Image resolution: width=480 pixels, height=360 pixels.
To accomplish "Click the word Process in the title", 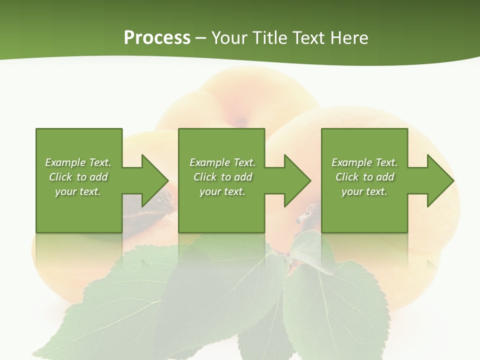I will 157,37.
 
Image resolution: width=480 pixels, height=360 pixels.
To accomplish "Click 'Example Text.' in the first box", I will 78,162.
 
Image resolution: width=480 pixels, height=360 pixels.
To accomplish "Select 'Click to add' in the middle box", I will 222,176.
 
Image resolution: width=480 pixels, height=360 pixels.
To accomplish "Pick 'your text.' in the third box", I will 364,191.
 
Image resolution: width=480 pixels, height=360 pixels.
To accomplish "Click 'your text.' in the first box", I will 78,191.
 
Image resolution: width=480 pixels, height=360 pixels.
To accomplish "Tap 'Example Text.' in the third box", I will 364,162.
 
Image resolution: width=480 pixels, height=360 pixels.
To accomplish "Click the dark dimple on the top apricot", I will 241,121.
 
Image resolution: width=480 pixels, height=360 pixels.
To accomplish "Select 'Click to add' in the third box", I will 364,176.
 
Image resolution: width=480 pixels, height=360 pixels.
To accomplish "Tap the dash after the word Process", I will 201,38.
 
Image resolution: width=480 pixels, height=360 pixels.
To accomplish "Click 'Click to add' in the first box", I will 78,176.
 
